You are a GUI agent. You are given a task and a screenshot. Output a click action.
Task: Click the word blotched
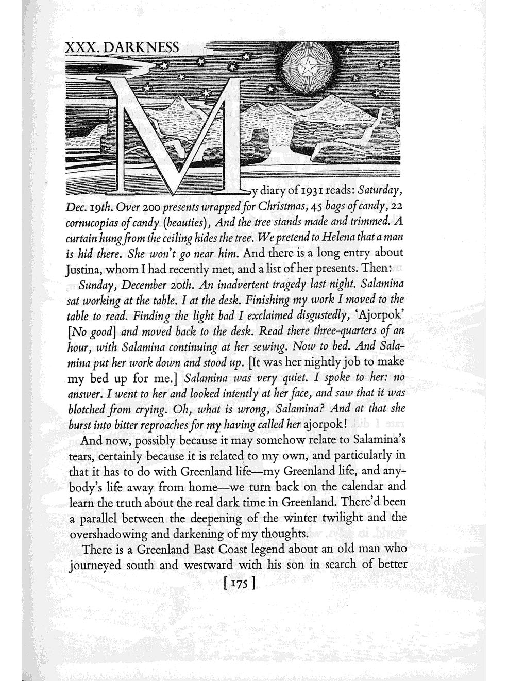pos(88,410)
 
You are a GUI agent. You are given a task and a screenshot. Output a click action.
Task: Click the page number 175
pos(237,585)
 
